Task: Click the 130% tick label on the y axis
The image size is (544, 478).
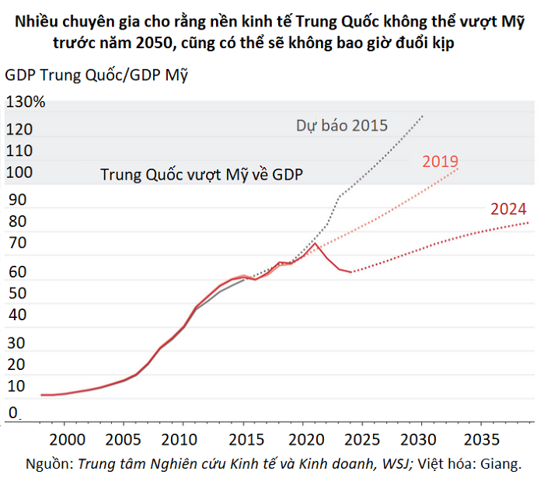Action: click(x=26, y=102)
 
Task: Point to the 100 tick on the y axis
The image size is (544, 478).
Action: click(x=22, y=173)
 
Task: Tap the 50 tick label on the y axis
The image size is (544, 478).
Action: click(x=17, y=294)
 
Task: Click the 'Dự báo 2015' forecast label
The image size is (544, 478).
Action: click(x=341, y=125)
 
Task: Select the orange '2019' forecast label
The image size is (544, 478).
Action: click(x=440, y=162)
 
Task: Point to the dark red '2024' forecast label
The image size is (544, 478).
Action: click(x=508, y=208)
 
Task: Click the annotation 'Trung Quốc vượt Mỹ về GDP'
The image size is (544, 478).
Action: click(x=201, y=174)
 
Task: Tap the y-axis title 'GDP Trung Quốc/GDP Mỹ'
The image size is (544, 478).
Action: click(x=97, y=75)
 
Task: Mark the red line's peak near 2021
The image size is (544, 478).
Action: click(x=315, y=243)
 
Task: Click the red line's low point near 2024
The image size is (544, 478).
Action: click(x=351, y=272)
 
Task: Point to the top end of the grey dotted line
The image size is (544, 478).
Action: click(x=423, y=116)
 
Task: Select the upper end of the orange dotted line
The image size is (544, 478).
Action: click(x=459, y=169)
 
